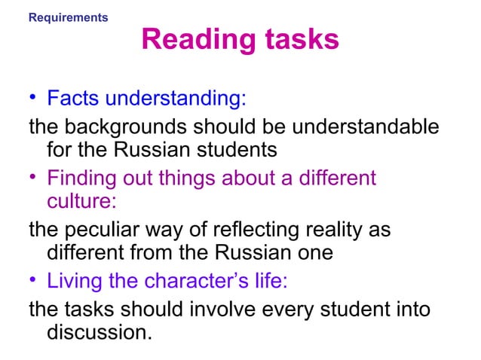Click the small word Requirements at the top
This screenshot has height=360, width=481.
pos(68,17)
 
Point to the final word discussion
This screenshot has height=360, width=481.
pos(99,331)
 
